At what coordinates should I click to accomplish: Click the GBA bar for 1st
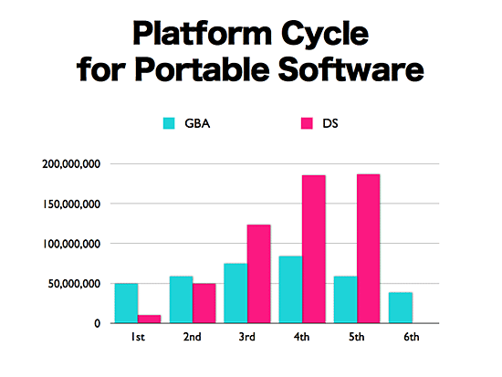(126, 303)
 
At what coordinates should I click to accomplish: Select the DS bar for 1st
(149, 319)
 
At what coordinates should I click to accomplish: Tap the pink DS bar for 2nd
(204, 303)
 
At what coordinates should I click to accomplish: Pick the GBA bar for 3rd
(235, 293)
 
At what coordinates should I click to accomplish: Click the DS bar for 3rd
(259, 274)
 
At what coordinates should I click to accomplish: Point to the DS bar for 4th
(314, 249)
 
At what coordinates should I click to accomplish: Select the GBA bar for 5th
(345, 299)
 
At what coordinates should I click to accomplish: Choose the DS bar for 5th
(369, 248)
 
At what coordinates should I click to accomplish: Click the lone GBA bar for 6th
(401, 308)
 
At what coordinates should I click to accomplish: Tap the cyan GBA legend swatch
(169, 123)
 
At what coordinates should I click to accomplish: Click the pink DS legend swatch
(307, 123)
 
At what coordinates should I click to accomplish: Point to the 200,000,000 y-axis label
(71, 164)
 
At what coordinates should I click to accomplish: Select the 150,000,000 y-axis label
(71, 204)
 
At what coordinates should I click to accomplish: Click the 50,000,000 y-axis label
(74, 284)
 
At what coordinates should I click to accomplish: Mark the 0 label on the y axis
(97, 323)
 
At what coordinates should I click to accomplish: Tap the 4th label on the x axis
(301, 337)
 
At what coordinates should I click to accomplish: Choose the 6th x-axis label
(412, 337)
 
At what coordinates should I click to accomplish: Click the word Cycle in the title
(325, 34)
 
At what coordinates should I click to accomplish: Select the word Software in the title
(350, 69)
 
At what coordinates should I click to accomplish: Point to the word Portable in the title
(203, 69)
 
